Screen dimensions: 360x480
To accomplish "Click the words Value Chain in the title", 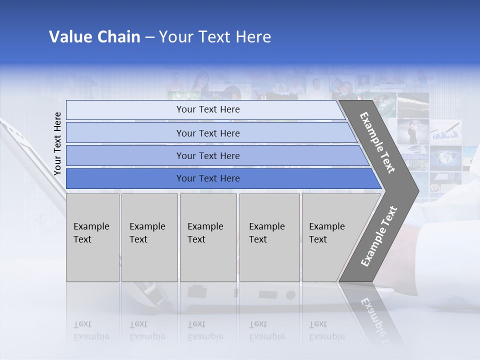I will click(94, 37).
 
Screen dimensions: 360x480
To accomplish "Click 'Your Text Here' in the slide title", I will click(215, 37).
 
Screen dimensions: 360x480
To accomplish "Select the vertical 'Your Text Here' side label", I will click(57, 143).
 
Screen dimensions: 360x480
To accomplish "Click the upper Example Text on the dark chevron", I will click(377, 142).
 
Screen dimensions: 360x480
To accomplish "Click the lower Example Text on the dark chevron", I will click(379, 236).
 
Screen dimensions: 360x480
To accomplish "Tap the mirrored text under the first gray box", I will click(91, 330).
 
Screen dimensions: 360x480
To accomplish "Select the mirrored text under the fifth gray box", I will click(326, 330).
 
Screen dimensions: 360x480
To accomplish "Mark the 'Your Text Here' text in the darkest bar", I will click(208, 178).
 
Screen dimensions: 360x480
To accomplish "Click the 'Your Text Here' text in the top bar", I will click(208, 109).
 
